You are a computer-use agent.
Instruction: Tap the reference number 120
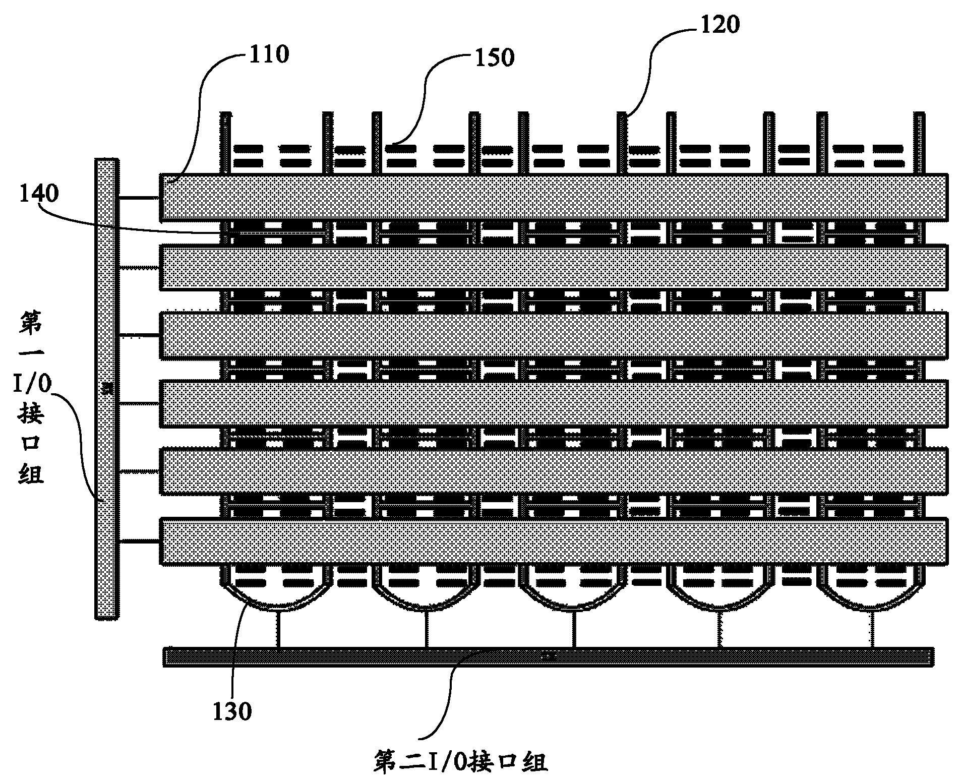(x=719, y=24)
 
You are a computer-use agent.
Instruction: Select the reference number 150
(x=493, y=58)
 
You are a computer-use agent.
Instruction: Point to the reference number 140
(x=39, y=193)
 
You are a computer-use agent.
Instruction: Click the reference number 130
(x=232, y=711)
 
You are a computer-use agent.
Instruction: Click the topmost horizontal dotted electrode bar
(x=553, y=197)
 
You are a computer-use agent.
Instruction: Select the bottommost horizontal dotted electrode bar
(x=553, y=541)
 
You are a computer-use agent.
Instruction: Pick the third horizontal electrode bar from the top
(x=553, y=335)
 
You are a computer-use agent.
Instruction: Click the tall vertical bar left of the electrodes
(x=107, y=388)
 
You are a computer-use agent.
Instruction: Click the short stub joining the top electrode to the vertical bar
(x=140, y=198)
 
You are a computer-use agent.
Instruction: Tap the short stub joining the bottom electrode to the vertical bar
(x=140, y=542)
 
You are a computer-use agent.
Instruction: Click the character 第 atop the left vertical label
(x=32, y=323)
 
